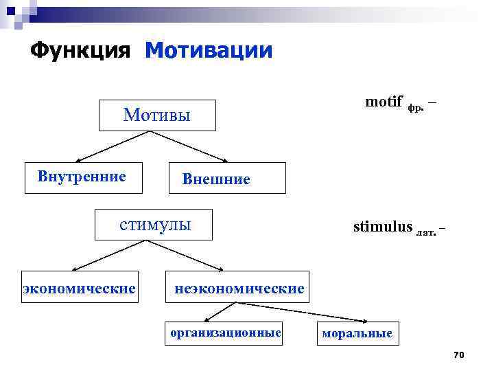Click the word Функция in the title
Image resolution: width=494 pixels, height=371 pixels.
(80, 51)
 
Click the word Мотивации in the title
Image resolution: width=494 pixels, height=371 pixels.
(209, 51)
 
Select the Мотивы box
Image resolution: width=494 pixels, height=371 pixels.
(157, 115)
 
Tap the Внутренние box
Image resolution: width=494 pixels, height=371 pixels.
(82, 177)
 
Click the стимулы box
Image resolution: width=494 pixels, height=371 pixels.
(154, 225)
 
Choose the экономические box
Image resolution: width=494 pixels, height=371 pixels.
(79, 287)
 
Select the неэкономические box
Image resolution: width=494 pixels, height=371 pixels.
(237, 289)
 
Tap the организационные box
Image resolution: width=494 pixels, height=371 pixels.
(226, 333)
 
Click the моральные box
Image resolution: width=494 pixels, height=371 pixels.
(357, 334)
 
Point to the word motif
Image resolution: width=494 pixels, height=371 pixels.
(384, 102)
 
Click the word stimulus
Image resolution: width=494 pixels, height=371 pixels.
(383, 227)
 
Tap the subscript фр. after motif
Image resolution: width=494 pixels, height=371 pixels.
(416, 107)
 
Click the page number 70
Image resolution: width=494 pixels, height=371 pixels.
(459, 355)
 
